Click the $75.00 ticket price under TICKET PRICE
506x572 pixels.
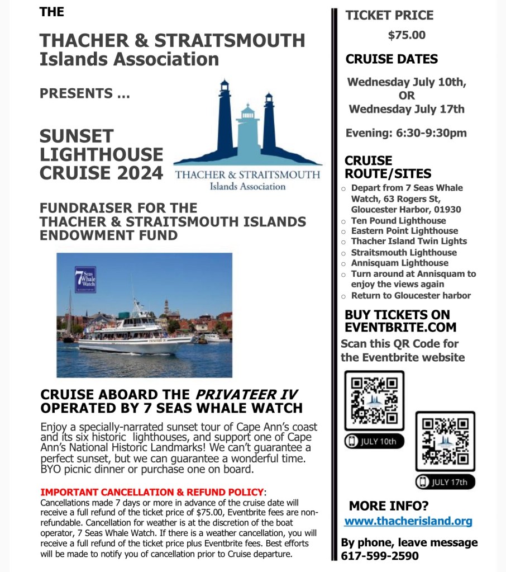[407, 35]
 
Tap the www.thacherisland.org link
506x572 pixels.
[408, 521]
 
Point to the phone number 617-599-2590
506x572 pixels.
[380, 556]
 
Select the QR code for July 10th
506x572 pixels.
[374, 400]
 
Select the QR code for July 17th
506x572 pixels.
[445, 441]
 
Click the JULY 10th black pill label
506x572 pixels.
[374, 441]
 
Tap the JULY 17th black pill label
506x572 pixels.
[445, 481]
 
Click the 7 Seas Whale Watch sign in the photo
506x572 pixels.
[85, 280]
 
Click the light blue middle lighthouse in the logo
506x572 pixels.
[246, 131]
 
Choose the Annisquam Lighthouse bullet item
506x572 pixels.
[399, 263]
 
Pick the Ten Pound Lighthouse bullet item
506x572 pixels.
[398, 220]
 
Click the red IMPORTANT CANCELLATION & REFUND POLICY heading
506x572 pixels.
[151, 492]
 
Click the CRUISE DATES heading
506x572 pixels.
[392, 59]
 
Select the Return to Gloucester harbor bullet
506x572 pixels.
[410, 295]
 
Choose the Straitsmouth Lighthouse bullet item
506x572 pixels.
[403, 252]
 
